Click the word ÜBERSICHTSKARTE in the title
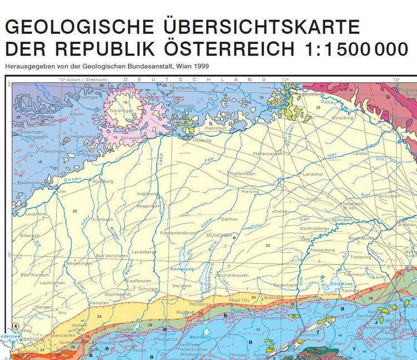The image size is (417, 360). (262, 27)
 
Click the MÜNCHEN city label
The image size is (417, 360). (218, 236)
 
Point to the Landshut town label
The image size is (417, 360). (312, 174)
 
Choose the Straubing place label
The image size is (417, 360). (342, 118)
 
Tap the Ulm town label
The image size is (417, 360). (62, 191)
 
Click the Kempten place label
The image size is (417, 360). (99, 302)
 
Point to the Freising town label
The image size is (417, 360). (250, 191)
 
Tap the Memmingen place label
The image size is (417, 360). (78, 263)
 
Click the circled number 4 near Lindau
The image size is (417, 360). (16, 326)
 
